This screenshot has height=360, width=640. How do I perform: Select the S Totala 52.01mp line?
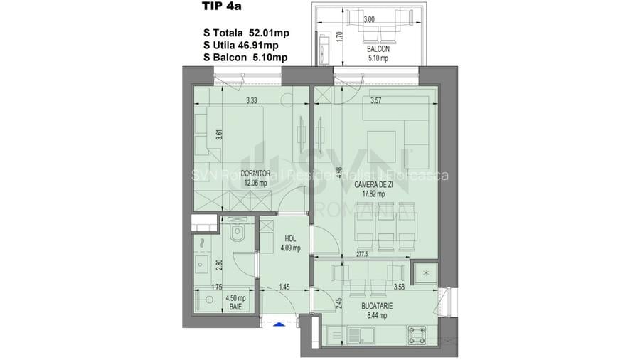pos(247,33)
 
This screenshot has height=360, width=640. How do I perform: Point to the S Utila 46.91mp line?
pos(246,45)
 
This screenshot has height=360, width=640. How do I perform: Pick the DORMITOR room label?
pos(256,173)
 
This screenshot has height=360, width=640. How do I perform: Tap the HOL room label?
pos(289,240)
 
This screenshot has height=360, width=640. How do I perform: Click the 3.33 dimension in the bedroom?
pos(251,102)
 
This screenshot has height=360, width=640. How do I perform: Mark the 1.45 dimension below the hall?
pos(284,287)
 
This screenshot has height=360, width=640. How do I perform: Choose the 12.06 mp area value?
pos(256,182)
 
